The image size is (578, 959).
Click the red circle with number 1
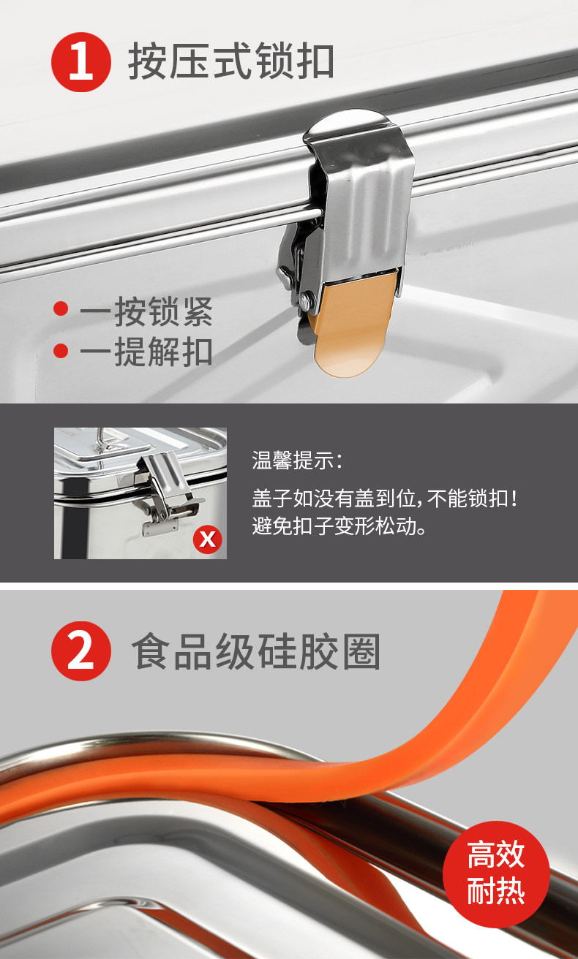[81, 62]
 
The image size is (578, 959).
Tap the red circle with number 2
[81, 651]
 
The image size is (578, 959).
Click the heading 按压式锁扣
[231, 61]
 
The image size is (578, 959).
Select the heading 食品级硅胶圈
[256, 651]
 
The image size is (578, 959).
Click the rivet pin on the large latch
[306, 297]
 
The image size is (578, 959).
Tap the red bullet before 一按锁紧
[61, 309]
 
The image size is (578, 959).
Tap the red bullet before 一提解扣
[61, 351]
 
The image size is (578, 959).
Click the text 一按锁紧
[146, 311]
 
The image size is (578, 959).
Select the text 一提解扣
[146, 352]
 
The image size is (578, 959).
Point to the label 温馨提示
[297, 460]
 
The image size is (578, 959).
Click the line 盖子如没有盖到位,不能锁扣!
[385, 498]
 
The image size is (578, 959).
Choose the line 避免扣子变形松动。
[339, 526]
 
